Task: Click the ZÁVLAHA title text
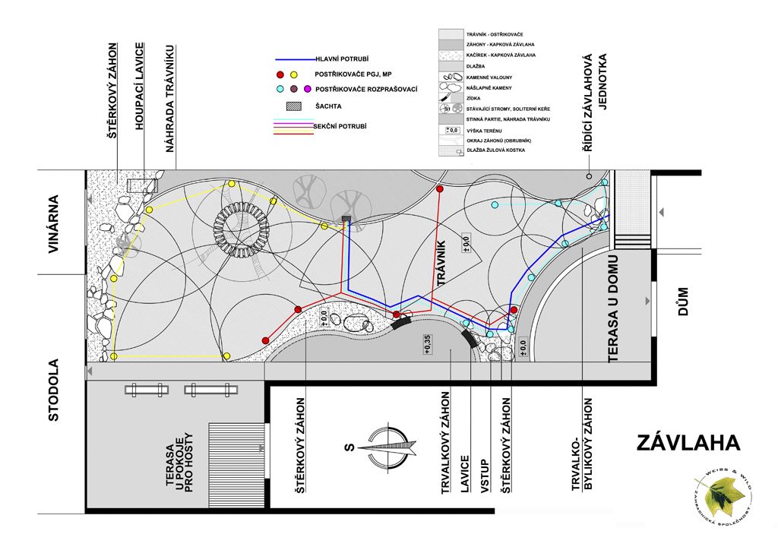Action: coord(688,443)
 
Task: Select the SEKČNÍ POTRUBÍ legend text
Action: coord(339,125)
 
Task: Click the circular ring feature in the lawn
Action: coord(239,228)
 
